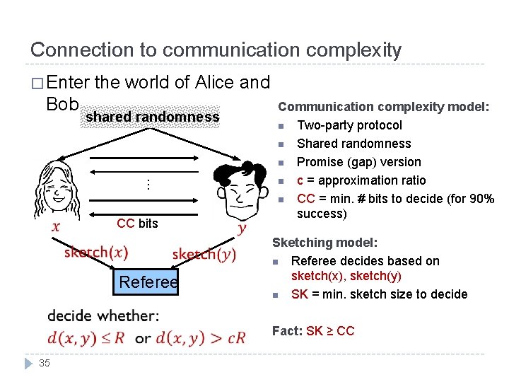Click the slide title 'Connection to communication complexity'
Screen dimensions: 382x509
[x=216, y=50]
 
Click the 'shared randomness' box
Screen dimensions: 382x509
[x=153, y=117]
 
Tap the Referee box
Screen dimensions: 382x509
[x=148, y=282]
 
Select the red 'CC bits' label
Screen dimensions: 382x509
[x=137, y=224]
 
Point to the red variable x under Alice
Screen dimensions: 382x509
[x=56, y=227]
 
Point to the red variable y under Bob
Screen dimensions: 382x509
[x=242, y=228]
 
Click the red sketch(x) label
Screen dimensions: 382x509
[x=96, y=253]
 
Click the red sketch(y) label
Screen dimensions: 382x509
[x=204, y=255]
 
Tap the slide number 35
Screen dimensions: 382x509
[x=45, y=363]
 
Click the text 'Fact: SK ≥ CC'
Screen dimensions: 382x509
[x=313, y=331]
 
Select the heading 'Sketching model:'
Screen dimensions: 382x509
[x=324, y=243]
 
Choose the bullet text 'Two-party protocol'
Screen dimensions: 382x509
[x=349, y=125]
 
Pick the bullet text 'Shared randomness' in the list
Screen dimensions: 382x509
[x=353, y=144]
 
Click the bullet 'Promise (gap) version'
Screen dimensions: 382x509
[x=358, y=162]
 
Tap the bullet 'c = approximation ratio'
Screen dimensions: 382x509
[x=361, y=180]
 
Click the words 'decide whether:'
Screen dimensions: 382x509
[x=103, y=316]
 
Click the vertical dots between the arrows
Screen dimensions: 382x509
[x=148, y=185]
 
